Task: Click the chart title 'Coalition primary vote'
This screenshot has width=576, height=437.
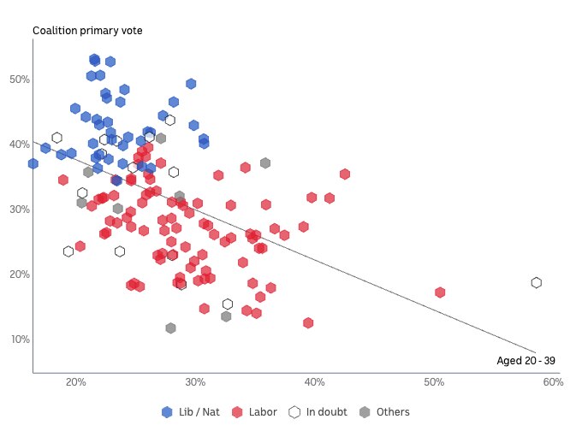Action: click(87, 31)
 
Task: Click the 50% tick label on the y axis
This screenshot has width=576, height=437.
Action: click(20, 80)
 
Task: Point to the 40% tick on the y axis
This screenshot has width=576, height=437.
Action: click(20, 145)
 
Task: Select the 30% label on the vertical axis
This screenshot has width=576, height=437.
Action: click(20, 210)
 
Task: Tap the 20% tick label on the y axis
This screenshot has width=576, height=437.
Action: click(20, 275)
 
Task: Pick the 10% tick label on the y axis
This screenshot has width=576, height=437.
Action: click(20, 340)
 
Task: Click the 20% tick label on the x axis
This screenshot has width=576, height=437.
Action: click(75, 381)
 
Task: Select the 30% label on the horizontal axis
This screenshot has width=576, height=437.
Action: click(195, 381)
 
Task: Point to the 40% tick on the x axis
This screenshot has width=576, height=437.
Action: click(315, 381)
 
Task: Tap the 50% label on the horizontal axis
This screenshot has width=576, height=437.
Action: click(434, 381)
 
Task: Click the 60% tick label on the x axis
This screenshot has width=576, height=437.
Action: click(552, 381)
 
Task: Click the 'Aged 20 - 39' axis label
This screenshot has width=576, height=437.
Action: click(526, 361)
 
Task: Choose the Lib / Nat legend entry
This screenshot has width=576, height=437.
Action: click(191, 412)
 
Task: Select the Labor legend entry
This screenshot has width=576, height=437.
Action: click(255, 412)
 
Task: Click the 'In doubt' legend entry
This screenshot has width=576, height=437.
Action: click(318, 412)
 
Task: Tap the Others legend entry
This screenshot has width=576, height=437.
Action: click(384, 412)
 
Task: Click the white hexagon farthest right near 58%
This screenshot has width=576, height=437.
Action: click(537, 283)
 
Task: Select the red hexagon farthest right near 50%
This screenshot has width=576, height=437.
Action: click(440, 292)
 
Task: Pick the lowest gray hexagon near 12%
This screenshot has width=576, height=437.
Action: click(171, 328)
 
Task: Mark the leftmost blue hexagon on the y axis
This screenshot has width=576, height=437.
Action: click(33, 163)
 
